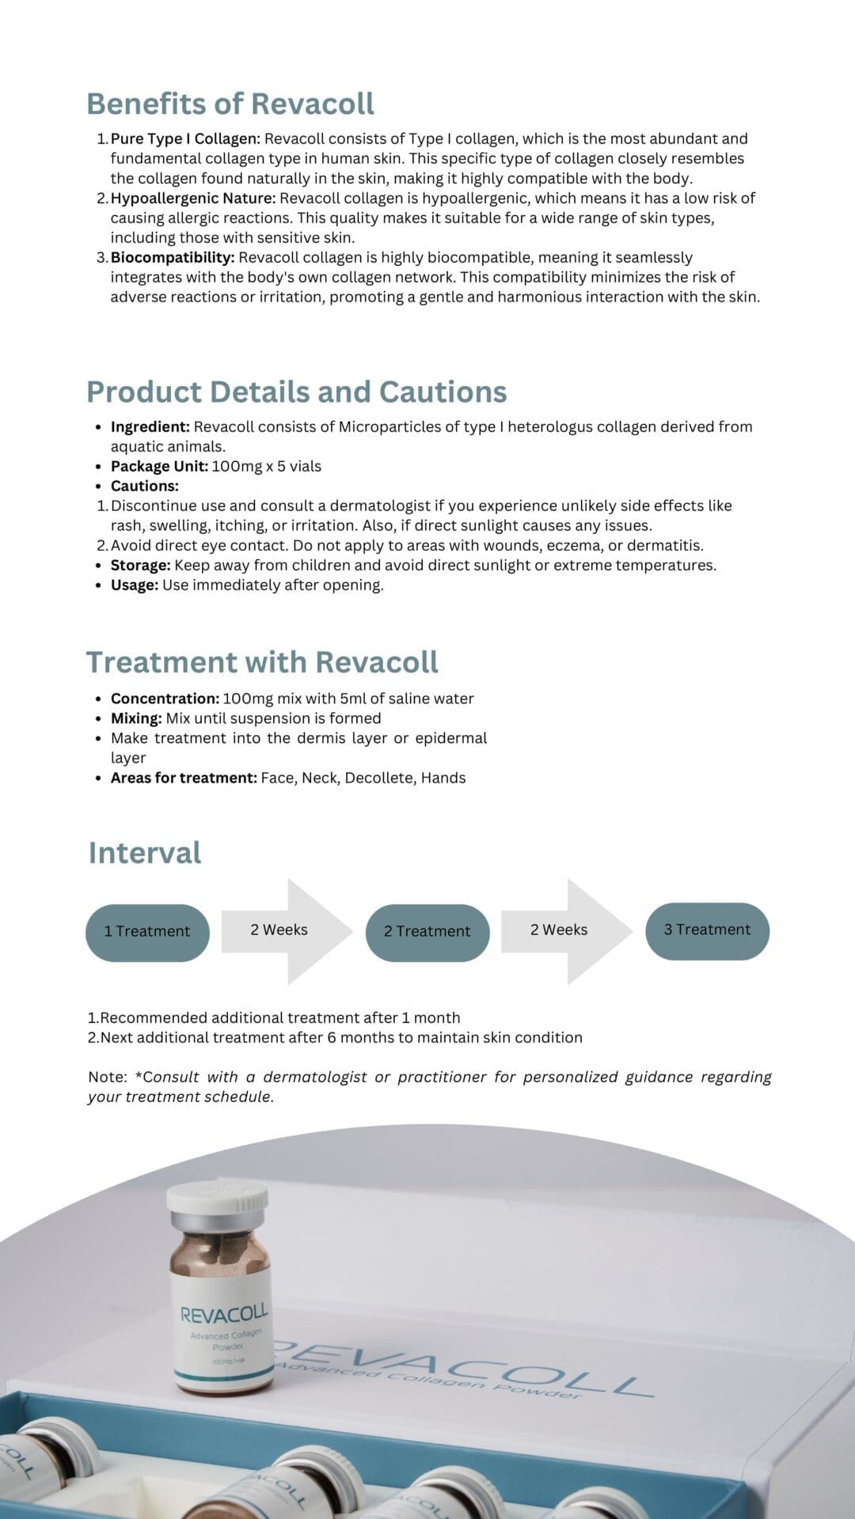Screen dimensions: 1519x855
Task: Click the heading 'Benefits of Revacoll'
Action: click(230, 104)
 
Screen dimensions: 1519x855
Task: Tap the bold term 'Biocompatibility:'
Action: click(172, 257)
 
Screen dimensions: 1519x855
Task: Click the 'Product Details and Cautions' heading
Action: click(296, 392)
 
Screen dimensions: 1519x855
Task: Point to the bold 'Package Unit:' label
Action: click(159, 466)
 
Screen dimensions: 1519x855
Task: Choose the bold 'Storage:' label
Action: click(140, 565)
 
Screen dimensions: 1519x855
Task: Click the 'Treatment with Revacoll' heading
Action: click(261, 662)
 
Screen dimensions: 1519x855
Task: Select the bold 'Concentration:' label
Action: click(165, 699)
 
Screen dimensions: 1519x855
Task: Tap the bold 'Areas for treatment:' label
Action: click(184, 778)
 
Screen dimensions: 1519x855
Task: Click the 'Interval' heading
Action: click(145, 853)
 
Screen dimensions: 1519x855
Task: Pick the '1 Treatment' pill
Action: click(147, 932)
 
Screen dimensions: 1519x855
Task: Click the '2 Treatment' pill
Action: click(427, 932)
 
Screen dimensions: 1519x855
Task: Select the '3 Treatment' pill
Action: click(707, 930)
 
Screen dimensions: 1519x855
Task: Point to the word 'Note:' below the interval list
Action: click(108, 1077)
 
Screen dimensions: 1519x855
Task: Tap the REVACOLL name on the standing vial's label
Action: click(224, 1313)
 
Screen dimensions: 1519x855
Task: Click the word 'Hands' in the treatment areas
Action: click(443, 778)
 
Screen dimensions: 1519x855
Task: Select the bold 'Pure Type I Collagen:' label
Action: click(185, 138)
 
